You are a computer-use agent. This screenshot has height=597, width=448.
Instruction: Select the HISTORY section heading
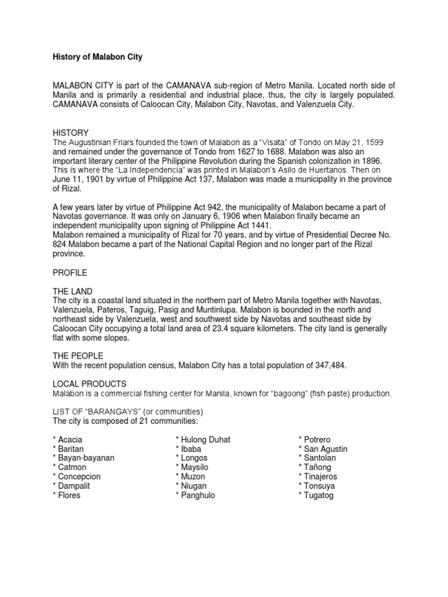[x=71, y=133]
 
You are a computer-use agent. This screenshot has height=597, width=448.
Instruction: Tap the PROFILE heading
[x=69, y=272]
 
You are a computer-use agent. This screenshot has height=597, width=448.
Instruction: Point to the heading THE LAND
[x=72, y=291]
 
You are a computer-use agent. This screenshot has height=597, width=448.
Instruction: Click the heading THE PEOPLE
[x=78, y=356]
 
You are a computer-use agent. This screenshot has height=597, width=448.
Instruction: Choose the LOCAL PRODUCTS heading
[x=89, y=384]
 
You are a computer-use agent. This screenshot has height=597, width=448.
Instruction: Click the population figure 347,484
[x=335, y=366]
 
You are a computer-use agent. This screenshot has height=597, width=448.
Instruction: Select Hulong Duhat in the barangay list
[x=206, y=439]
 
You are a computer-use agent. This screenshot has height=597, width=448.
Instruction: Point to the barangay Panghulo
[x=198, y=495]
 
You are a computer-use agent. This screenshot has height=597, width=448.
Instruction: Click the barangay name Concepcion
[x=79, y=476]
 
